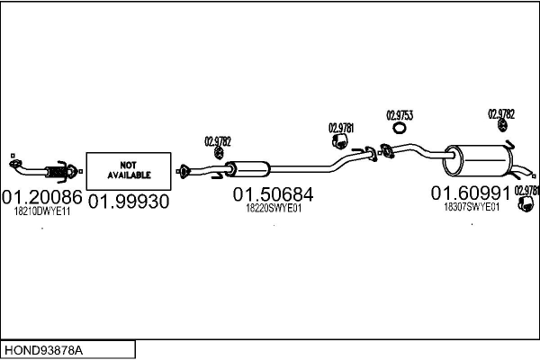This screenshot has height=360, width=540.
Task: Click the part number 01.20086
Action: point(41,196)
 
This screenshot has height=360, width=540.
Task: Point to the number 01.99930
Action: point(129,202)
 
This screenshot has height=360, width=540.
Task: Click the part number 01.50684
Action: point(274,193)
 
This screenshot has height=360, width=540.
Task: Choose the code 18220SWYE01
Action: point(274,208)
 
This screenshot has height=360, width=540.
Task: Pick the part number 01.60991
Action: point(470,193)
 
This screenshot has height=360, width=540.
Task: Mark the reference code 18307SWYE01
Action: point(472,206)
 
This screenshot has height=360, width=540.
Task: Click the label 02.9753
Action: point(400,115)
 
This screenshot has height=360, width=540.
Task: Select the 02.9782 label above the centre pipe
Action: point(218,140)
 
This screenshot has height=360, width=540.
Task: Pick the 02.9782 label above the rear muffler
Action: point(501,114)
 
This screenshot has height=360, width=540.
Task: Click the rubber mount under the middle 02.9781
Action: point(340,144)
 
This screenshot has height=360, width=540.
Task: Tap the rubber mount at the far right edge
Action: point(525,209)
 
